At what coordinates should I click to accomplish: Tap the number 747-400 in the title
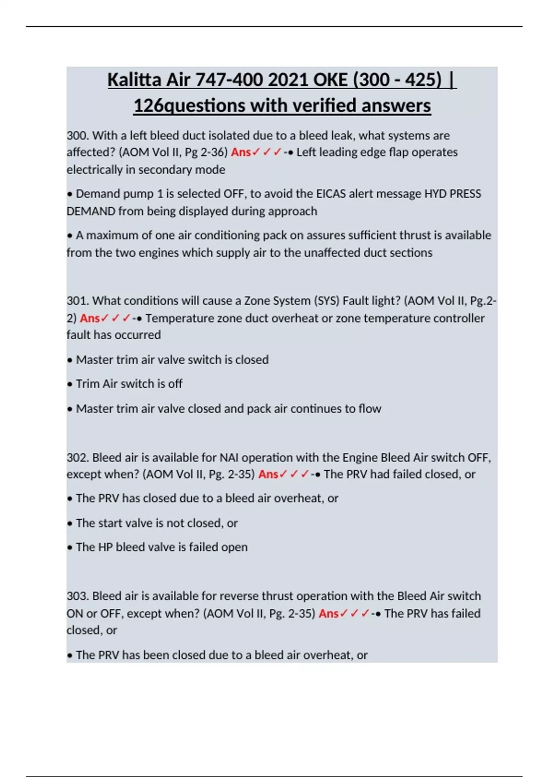230,80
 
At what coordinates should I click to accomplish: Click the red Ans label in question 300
241,152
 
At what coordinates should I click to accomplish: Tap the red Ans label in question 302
268,474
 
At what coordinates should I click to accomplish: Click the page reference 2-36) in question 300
214,152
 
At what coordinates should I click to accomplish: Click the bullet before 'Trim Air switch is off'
70,384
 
